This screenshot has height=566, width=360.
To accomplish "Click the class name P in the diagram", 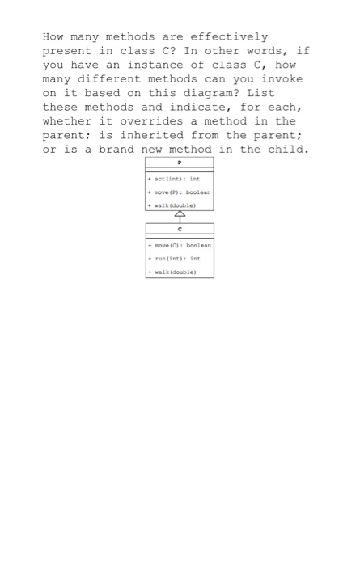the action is (x=180, y=162).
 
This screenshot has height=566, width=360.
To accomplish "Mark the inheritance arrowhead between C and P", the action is (x=180, y=216).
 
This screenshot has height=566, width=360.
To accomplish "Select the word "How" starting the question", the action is (x=53, y=36).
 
